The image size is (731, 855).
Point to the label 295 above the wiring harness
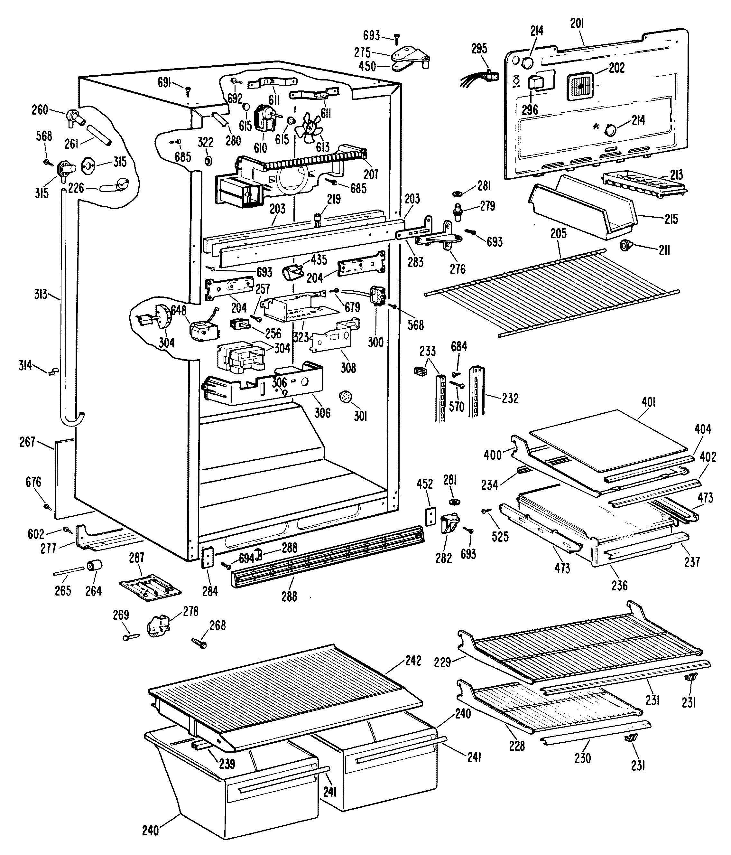point(479,48)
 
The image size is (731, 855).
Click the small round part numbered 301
point(345,397)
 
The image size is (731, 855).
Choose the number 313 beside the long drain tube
point(41,295)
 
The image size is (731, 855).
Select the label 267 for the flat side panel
point(28,442)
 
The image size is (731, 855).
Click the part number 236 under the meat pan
point(620,585)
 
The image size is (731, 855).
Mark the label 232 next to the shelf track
point(510,398)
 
